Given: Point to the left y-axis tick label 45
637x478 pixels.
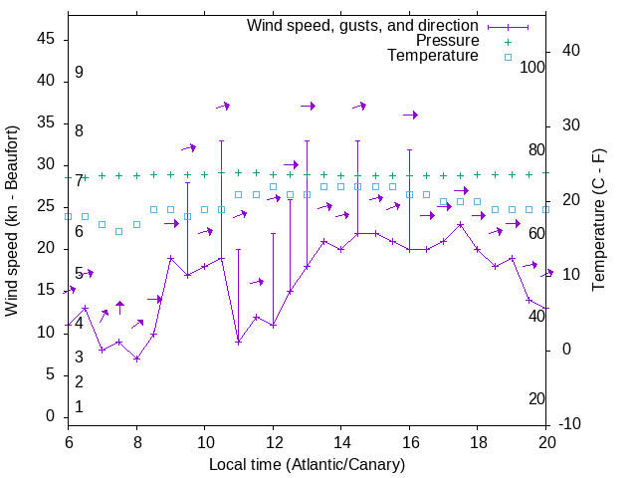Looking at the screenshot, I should click(46, 39).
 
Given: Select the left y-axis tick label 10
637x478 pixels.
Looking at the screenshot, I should click(46, 333).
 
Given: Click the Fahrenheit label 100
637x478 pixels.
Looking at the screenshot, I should click(532, 67).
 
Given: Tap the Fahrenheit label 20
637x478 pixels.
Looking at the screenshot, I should click(536, 399).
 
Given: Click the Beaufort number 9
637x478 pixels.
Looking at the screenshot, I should click(79, 73).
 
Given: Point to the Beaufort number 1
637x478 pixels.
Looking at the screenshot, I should click(79, 407).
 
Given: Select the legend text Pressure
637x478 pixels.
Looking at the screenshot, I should click(447, 41).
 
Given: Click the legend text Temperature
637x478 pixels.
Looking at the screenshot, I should click(433, 56).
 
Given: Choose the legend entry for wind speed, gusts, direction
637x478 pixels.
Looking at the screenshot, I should click(362, 25).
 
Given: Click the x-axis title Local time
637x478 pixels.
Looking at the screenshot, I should click(307, 464).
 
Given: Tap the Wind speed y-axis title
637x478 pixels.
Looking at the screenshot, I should click(12, 221).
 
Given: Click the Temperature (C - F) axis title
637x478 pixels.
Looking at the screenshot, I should click(598, 221).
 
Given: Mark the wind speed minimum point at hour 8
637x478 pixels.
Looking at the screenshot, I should click(136, 358).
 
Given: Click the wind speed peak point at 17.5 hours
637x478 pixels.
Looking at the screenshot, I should click(460, 224).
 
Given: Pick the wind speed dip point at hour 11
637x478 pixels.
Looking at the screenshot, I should click(239, 342).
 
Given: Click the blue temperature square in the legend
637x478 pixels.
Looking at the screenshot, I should click(508, 57).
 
